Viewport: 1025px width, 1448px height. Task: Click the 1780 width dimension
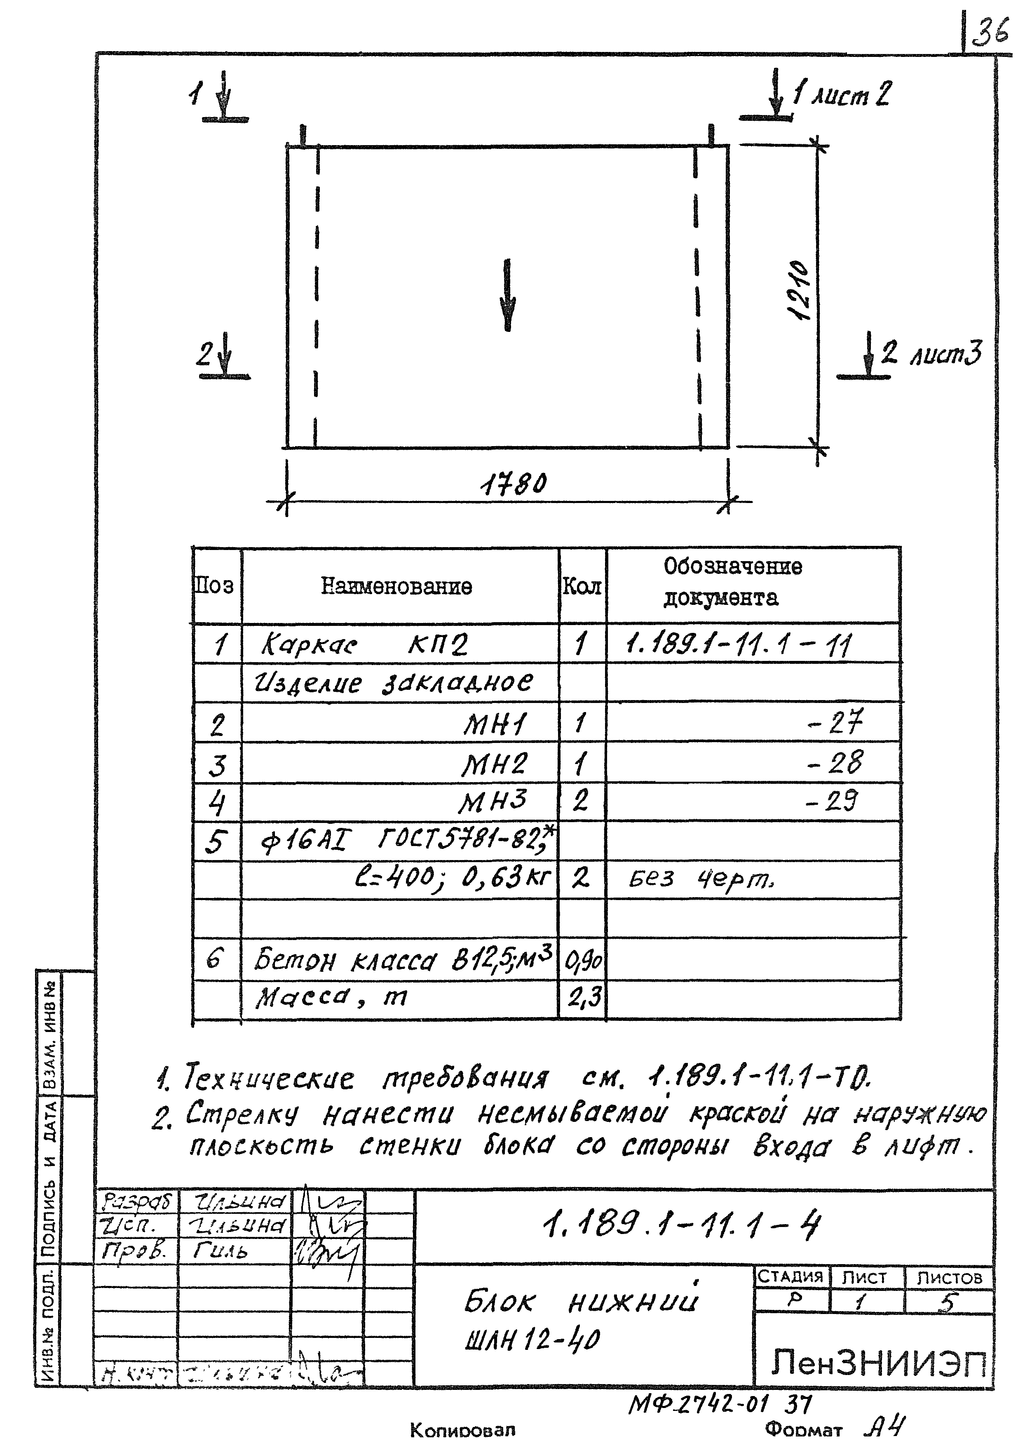(513, 485)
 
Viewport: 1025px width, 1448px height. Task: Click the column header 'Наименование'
(396, 587)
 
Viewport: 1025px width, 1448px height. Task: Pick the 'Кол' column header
(581, 587)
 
